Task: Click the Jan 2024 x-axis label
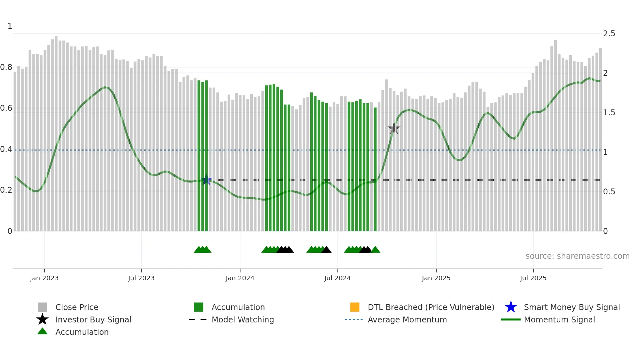[x=240, y=278]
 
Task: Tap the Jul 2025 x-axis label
[x=533, y=278]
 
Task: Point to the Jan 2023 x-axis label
[x=44, y=278]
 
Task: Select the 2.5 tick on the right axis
[x=609, y=34]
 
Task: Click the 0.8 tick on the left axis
[x=6, y=67]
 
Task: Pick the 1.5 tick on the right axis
[x=609, y=113]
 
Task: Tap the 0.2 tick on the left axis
[x=6, y=190]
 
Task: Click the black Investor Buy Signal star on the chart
[x=394, y=128]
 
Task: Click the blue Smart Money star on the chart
[x=206, y=180]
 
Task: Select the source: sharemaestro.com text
[x=577, y=256]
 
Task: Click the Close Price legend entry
[x=77, y=307]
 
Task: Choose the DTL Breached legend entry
[x=431, y=307]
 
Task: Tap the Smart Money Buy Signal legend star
[x=511, y=307]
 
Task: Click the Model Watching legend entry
[x=243, y=319]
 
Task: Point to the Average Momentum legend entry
[x=407, y=319]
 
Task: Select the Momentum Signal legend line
[x=511, y=319]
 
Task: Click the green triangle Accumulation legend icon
[x=42, y=331]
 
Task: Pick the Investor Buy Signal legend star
[x=42, y=319]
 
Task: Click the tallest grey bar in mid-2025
[x=555, y=131]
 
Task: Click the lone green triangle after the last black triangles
[x=376, y=250]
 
